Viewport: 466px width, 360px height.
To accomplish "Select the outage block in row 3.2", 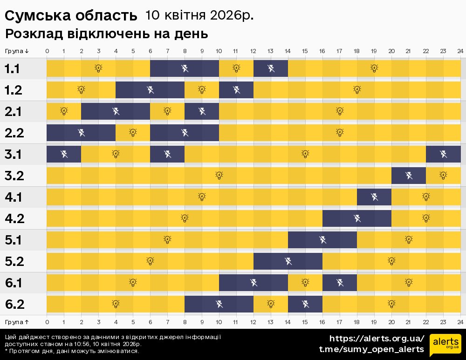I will tap(409, 176).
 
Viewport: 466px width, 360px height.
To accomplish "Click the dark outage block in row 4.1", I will tap(374, 197).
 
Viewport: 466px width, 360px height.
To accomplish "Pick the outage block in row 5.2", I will tap(288, 261).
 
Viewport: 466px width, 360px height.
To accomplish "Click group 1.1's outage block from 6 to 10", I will tap(185, 69).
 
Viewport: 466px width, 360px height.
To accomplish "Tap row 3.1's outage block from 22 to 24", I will tap(443, 154).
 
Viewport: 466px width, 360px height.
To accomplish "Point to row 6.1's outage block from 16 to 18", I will tap(340, 283).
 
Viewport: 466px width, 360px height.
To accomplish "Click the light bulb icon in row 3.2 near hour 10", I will tap(219, 176).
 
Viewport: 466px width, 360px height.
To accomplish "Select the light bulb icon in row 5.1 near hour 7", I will tap(167, 240).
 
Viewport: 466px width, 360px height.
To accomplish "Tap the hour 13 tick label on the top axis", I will tap(271, 51).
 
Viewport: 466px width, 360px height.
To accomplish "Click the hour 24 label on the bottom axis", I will tap(460, 322).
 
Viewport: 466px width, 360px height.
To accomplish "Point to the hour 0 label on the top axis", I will tap(47, 51).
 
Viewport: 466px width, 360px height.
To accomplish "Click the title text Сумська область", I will tap(71, 16).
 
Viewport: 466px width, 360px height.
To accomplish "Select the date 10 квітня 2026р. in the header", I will tap(199, 15).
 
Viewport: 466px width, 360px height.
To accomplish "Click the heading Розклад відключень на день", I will tap(106, 34).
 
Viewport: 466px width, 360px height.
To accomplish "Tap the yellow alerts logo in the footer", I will tap(445, 345).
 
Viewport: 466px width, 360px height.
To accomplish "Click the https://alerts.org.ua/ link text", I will tap(377, 339).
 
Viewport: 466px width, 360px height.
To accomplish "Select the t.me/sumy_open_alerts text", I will tap(371, 349).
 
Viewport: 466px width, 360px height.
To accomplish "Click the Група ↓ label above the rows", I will tap(17, 51).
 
